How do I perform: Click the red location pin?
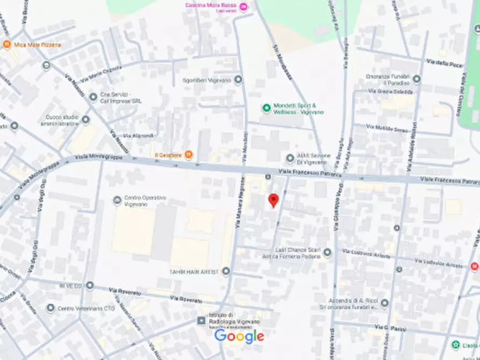pos(274,200)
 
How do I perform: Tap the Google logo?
pos(239,336)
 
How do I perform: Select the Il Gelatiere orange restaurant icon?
pos(188,155)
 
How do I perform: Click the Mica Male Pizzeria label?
pos(37,45)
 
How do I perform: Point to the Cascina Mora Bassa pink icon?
pos(243,6)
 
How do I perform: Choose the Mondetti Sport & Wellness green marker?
pos(266,109)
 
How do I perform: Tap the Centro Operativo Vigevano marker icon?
pos(117,200)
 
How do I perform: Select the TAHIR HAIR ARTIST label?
pos(194,272)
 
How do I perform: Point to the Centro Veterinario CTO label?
pos(78,308)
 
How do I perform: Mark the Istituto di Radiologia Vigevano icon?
pos(202,321)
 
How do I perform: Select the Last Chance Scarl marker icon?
pos(327,253)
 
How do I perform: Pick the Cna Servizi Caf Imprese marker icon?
pos(93,97)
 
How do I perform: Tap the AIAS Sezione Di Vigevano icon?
pos(290,158)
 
